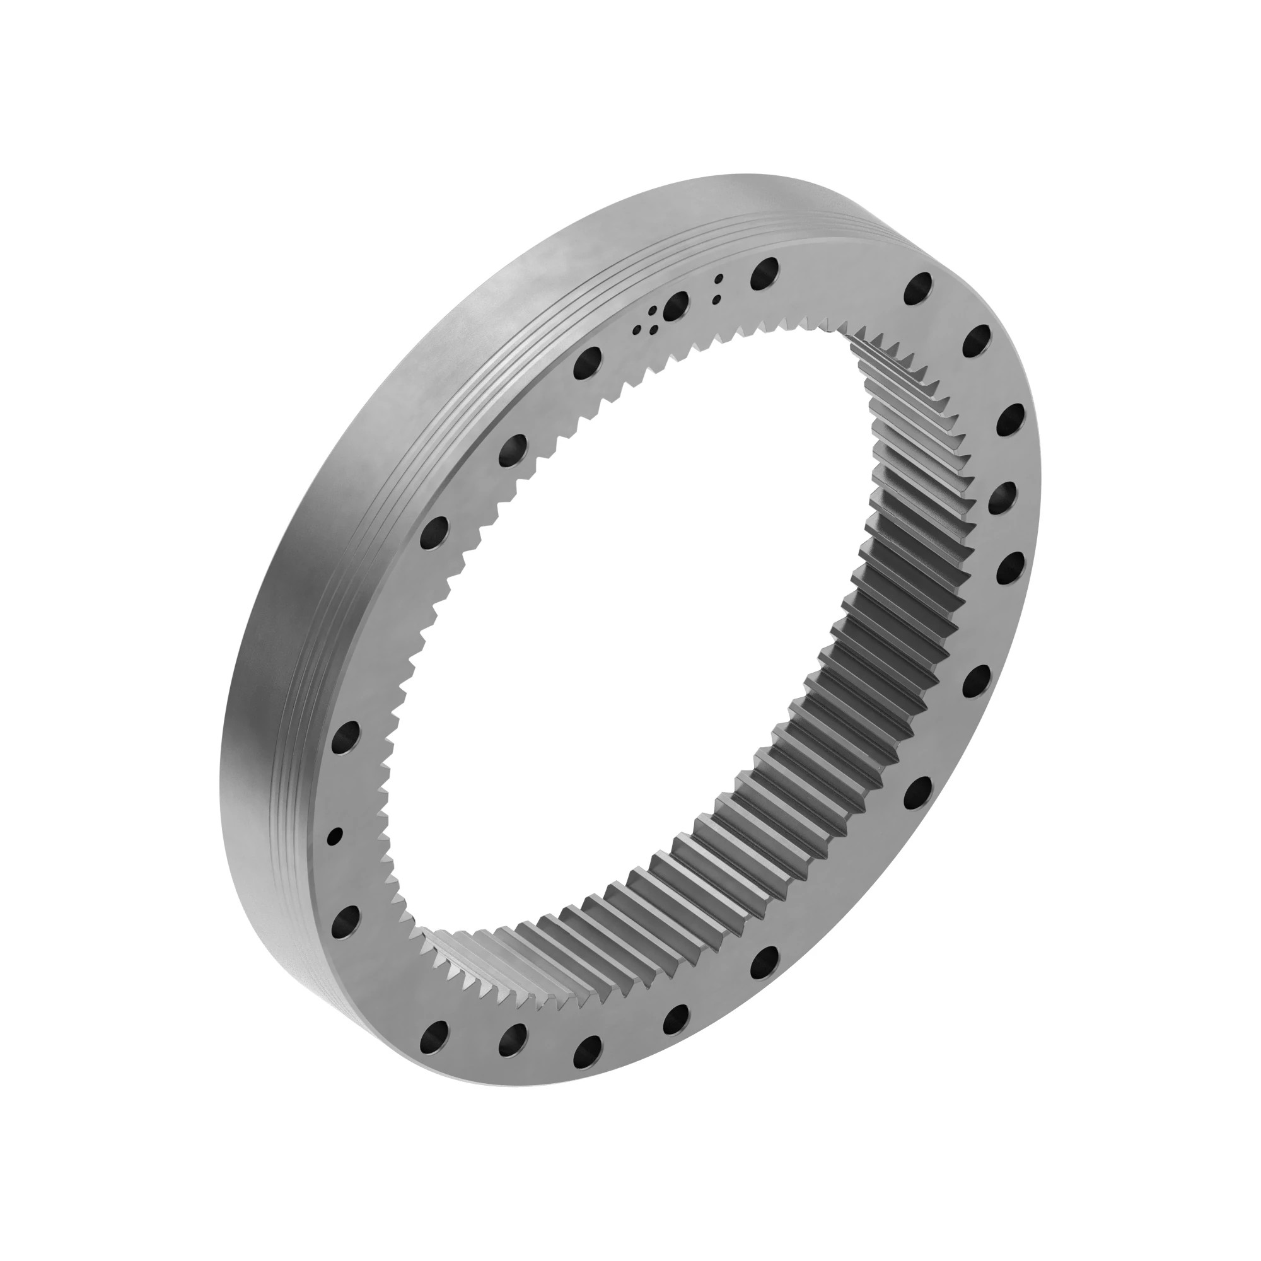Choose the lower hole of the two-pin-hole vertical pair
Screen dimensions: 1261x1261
(x=717, y=299)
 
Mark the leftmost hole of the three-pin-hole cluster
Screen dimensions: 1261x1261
(x=637, y=331)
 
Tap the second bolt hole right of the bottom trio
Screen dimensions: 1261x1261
(x=765, y=962)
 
